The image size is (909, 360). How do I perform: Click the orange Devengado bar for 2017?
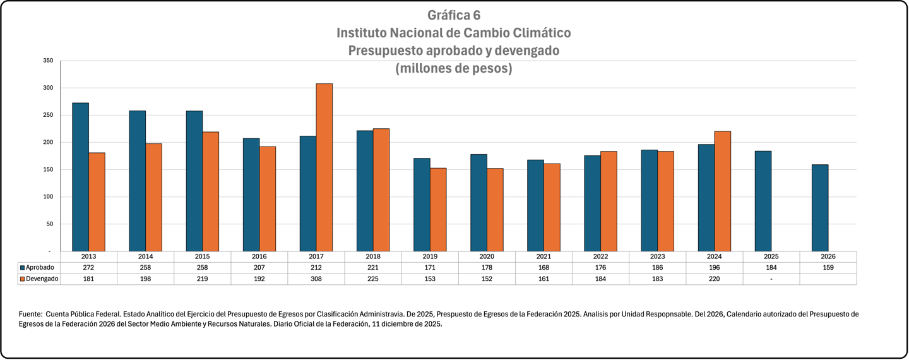324,167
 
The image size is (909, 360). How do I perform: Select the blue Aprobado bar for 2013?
80,177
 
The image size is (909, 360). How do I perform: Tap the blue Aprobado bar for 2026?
820,208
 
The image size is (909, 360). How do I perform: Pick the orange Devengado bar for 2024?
722,191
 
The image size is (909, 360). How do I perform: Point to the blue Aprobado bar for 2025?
763,201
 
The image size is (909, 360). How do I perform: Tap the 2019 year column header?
430,256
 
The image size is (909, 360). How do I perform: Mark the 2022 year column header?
600,256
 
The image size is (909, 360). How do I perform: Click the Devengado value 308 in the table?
316,279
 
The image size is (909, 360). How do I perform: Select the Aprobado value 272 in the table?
89,267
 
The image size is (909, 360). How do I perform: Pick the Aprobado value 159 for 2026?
828,267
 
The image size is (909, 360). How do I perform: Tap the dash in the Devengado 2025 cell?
771,279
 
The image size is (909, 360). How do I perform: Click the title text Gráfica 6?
454,15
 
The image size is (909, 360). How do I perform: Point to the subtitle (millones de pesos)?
454,68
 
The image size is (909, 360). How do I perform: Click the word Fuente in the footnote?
30,314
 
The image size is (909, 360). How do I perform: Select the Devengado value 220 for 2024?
715,279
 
